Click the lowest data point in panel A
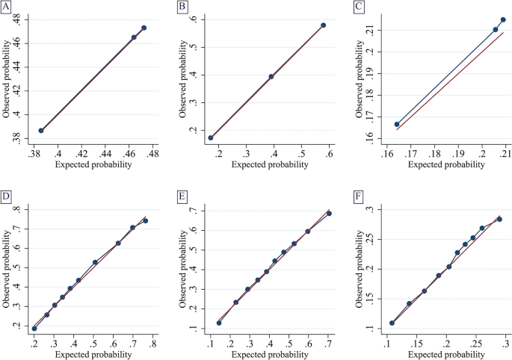pos(41,131)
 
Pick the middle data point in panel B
pos(271,76)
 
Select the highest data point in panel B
pos(324,25)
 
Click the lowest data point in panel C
pos(397,125)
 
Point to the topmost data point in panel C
pos(503,20)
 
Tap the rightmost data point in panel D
pos(146,221)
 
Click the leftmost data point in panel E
pos(219,323)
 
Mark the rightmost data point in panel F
pos(499,220)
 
